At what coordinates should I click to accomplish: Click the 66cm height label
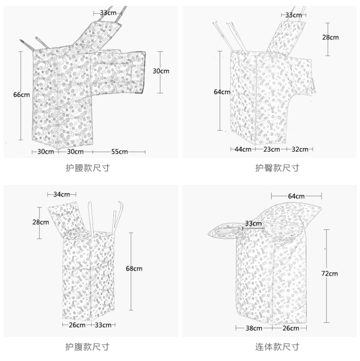tap(22, 95)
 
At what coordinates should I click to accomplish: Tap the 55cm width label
tap(120, 152)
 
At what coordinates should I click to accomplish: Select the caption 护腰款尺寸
tap(87, 168)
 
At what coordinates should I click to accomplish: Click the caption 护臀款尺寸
tap(277, 168)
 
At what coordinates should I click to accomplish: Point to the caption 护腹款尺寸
tap(87, 346)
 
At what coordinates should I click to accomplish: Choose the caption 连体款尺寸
tap(277, 346)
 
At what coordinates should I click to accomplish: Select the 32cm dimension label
tap(300, 149)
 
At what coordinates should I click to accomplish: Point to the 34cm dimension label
tap(62, 194)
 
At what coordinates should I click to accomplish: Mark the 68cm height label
tap(134, 269)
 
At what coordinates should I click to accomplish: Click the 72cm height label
tap(330, 274)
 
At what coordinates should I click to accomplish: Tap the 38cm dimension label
tap(254, 328)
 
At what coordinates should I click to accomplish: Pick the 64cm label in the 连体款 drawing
tap(296, 196)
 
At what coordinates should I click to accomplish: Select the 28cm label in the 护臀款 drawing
tap(330, 37)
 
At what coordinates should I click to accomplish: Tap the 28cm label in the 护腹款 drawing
tap(41, 222)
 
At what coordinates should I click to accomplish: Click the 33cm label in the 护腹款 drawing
tap(103, 325)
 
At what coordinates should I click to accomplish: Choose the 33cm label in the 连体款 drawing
tap(253, 223)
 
